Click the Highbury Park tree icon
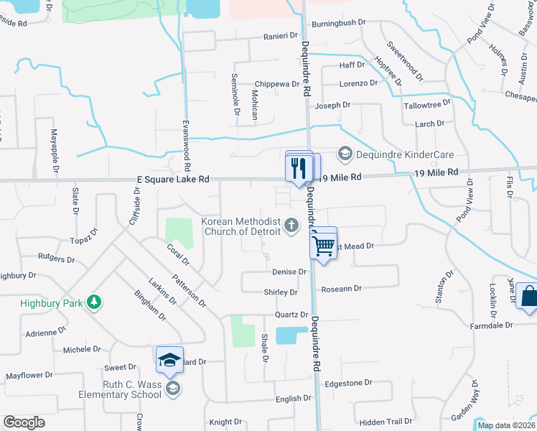(x=93, y=302)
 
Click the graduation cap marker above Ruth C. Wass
(x=169, y=361)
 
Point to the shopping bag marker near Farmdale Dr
(x=528, y=297)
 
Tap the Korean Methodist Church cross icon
(x=291, y=226)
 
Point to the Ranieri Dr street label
(x=280, y=36)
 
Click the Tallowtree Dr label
(x=426, y=103)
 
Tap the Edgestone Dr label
(x=349, y=384)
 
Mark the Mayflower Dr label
(x=30, y=376)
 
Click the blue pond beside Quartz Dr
(x=291, y=335)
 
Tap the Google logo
(x=24, y=422)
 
